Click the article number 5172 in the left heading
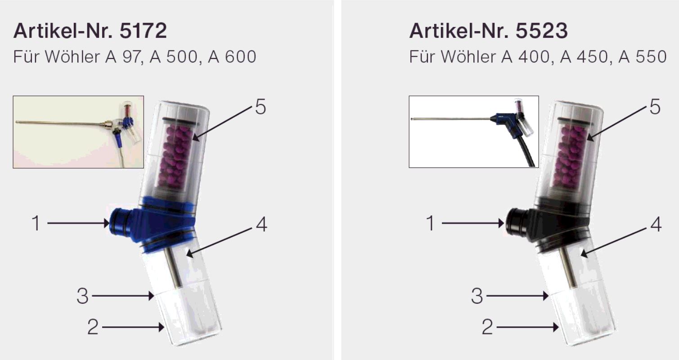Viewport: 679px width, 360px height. (x=143, y=31)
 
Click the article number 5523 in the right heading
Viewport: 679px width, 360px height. (x=542, y=31)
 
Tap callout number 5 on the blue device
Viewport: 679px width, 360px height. (x=261, y=107)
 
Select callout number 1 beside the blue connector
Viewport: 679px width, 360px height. (x=36, y=223)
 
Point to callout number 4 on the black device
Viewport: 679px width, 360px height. (x=656, y=225)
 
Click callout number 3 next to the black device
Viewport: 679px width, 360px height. (x=477, y=296)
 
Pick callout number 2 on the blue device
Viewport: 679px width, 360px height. (x=93, y=327)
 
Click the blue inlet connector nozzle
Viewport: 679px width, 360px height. (x=120, y=223)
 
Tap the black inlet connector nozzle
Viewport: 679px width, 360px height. (x=515, y=223)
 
